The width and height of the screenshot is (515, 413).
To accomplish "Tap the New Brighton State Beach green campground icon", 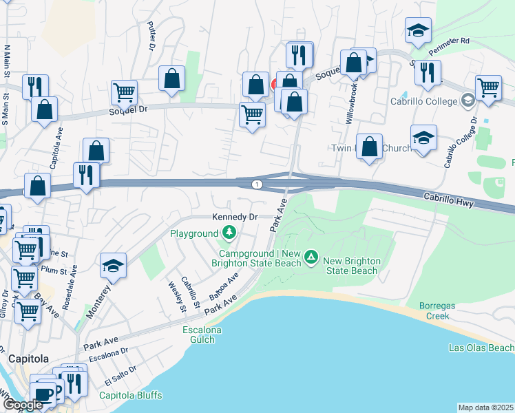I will pyautogui.click(x=311, y=257).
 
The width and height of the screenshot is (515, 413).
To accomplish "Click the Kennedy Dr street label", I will pyautogui.click(x=234, y=217).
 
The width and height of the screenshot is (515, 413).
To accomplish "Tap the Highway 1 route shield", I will pyautogui.click(x=256, y=184).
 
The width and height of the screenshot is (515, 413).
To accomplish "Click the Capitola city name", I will pyautogui.click(x=28, y=359).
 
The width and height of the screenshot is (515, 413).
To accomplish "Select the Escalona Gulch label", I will pyautogui.click(x=202, y=335).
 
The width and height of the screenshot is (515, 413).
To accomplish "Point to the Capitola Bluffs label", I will pyautogui.click(x=131, y=395).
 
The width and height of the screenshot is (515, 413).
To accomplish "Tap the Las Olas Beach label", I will pyautogui.click(x=480, y=348).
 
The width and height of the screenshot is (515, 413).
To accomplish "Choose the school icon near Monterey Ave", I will pyautogui.click(x=114, y=266).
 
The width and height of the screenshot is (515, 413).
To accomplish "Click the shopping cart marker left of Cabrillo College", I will pyautogui.click(x=488, y=87).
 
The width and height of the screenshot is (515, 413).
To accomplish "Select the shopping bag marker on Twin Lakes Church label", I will pyautogui.click(x=370, y=146).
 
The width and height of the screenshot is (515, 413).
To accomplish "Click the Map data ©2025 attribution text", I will pyautogui.click(x=485, y=407).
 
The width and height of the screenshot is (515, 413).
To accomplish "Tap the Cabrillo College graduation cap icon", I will pyautogui.click(x=468, y=101).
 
